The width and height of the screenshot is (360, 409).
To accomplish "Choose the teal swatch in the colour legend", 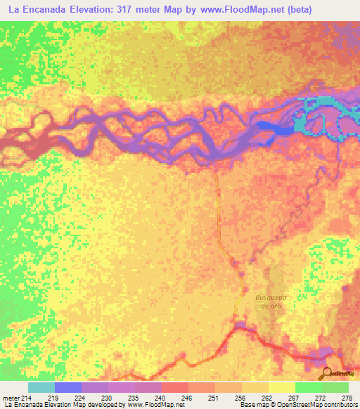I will pos(41,387).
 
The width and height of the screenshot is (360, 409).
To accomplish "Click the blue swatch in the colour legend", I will pos(67,387).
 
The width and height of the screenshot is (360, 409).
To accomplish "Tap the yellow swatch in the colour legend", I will pos(281,387).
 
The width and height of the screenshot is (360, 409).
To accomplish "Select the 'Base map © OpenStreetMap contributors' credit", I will pos(297,405).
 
